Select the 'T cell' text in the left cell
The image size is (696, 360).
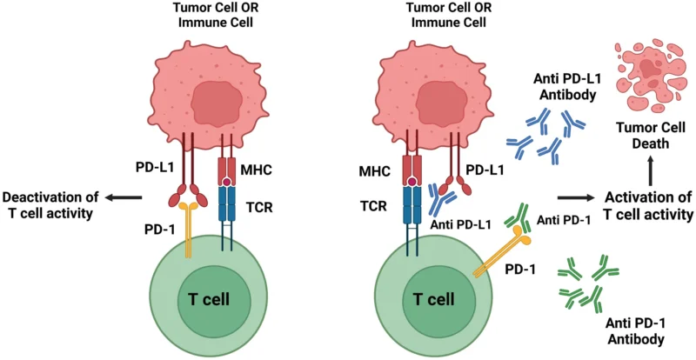(x=211, y=299)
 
